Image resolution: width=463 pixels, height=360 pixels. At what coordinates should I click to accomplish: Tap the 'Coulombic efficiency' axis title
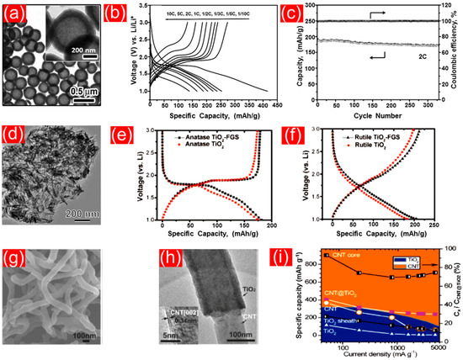tap(456, 54)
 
